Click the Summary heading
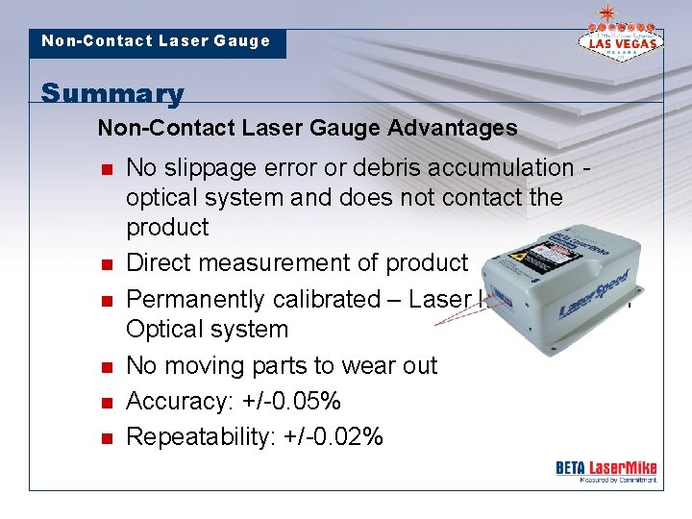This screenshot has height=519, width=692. click(x=112, y=93)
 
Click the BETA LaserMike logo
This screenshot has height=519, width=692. click(x=605, y=470)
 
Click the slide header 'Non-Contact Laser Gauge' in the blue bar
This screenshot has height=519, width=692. click(x=156, y=41)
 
